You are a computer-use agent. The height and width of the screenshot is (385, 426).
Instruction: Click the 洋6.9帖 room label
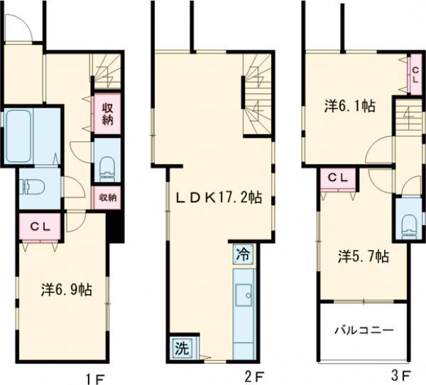pyautogui.click(x=67, y=290)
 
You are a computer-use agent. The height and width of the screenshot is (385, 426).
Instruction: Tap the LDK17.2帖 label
pyautogui.click(x=219, y=197)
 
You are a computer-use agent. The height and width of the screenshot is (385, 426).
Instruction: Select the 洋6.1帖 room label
pyautogui.click(x=350, y=106)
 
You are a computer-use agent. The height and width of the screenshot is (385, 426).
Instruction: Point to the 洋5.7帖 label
pyautogui.click(x=364, y=256)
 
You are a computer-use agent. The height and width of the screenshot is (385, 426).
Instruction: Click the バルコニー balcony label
pyautogui.click(x=364, y=330)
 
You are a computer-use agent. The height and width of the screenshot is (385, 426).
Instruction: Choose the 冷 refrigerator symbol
pyautogui.click(x=243, y=255)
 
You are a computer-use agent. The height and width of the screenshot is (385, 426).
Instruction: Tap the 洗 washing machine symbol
pyautogui.click(x=182, y=349)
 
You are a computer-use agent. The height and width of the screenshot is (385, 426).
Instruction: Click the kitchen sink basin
pyautogui.click(x=244, y=295)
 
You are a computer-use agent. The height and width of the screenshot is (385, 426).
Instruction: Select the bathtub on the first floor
pyautogui.click(x=18, y=136)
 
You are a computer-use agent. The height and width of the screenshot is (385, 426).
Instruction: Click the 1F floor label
pyautogui.click(x=95, y=379)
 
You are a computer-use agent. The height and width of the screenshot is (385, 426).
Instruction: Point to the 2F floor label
pyautogui.click(x=254, y=376)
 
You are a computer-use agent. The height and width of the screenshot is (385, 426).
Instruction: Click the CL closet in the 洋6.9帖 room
pyautogui.click(x=40, y=227)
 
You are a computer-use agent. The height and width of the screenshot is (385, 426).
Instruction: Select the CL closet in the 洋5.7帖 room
pyautogui.click(x=338, y=178)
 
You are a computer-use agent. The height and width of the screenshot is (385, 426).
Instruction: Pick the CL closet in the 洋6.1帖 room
pyautogui.click(x=415, y=75)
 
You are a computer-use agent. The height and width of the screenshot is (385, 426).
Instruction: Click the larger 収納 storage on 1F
pyautogui.click(x=107, y=114)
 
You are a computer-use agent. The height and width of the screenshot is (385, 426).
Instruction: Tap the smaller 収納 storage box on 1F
pyautogui.click(x=107, y=197)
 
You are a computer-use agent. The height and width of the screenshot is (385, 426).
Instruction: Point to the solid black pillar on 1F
pyautogui.click(x=114, y=226)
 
